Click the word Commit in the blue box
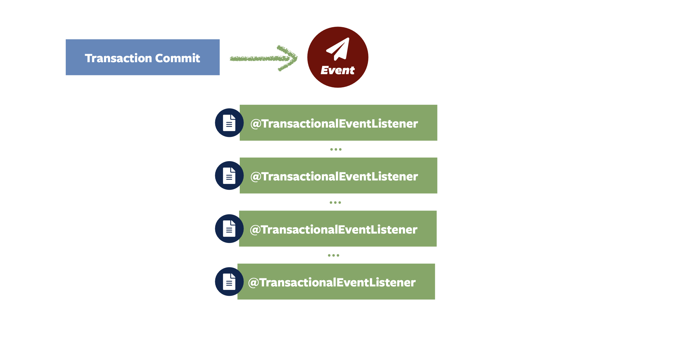tap(178, 58)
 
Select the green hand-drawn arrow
tap(263, 58)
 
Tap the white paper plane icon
tap(338, 49)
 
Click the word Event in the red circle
tap(338, 70)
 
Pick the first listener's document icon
tap(229, 123)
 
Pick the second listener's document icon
tap(229, 175)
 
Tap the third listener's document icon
tap(229, 229)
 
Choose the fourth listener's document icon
tap(229, 281)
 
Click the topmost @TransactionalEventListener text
tap(334, 124)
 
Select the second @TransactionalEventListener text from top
tap(334, 176)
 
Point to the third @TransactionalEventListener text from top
tap(334, 229)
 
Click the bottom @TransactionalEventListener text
tap(332, 282)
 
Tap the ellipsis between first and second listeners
tap(336, 149)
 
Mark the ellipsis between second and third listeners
tap(335, 202)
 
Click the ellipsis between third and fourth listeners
tap(333, 255)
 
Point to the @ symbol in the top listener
tap(256, 124)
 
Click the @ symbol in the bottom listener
tap(253, 283)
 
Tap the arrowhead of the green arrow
tap(289, 58)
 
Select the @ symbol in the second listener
tap(256, 177)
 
